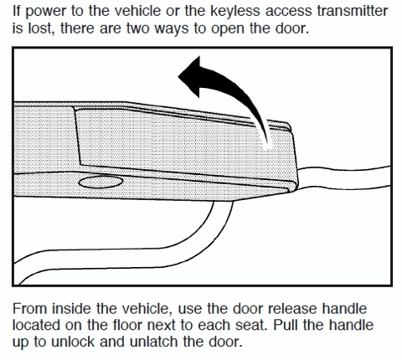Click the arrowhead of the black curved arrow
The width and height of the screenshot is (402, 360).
[x=191, y=76]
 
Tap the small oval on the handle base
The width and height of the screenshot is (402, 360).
[x=100, y=182]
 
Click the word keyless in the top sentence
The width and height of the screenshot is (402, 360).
[x=235, y=12]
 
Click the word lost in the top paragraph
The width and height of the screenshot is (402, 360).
[x=41, y=28]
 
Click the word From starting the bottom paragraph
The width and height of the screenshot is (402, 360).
[x=30, y=309]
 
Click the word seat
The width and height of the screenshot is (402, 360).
[x=253, y=326]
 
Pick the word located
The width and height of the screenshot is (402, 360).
[x=37, y=325]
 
